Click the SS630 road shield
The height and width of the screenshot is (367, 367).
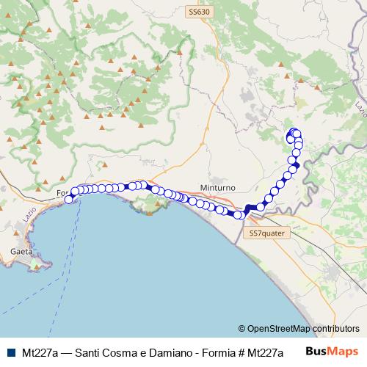[x=199, y=12]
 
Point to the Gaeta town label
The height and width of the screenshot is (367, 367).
[x=21, y=251]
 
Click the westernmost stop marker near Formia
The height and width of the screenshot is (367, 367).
[x=69, y=199]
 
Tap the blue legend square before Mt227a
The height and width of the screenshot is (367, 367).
[x=9, y=352]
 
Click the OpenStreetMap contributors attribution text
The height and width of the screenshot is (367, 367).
[x=304, y=328]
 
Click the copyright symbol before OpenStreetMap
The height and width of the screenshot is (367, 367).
[x=242, y=328]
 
